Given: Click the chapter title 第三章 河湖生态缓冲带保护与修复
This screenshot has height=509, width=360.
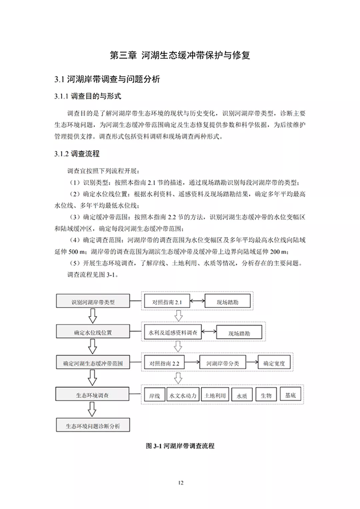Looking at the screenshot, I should (180, 55).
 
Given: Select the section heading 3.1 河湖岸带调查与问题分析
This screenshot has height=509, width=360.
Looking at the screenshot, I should (107, 79).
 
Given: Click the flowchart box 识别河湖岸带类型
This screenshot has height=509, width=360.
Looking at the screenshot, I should (92, 301).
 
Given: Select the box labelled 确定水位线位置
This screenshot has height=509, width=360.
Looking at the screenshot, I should (92, 331).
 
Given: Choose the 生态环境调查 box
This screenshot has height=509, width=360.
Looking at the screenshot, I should (92, 394).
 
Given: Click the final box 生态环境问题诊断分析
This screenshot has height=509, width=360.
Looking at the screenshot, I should (92, 426).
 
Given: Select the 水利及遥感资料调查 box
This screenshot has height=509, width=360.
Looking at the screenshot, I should (173, 332).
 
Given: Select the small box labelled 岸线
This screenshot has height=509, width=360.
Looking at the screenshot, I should (153, 396).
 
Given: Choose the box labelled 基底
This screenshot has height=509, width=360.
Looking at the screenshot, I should (290, 396).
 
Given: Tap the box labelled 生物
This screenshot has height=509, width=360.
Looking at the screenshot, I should (266, 396).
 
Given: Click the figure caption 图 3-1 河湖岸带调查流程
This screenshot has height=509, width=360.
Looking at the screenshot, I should (180, 447).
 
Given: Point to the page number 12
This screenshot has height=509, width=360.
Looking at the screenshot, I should (180, 483).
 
